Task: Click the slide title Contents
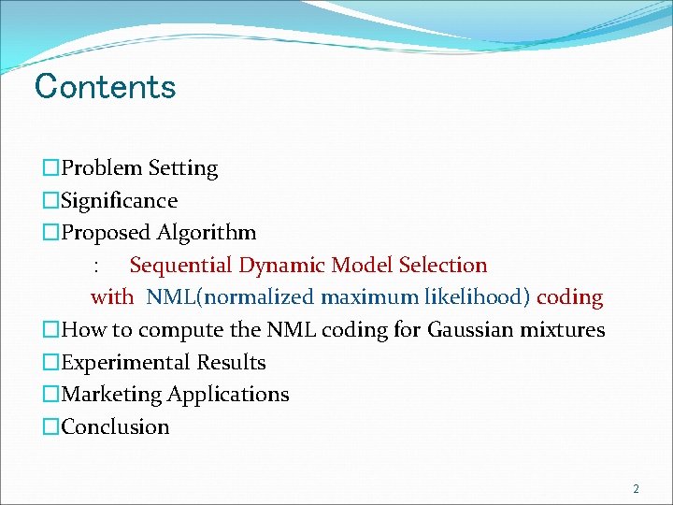[x=105, y=87]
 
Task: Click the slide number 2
[x=636, y=489]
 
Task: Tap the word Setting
[x=183, y=169]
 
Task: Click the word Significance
[x=119, y=201]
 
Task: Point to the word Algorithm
[x=207, y=233]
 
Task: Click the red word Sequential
[x=181, y=266]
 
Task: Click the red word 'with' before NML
[x=112, y=297]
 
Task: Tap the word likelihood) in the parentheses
[x=478, y=297]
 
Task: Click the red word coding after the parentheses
[x=569, y=297]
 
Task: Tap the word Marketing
[x=111, y=395]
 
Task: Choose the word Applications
[x=228, y=395]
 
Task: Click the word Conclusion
[x=115, y=427]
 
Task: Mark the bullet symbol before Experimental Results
[x=51, y=363]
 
